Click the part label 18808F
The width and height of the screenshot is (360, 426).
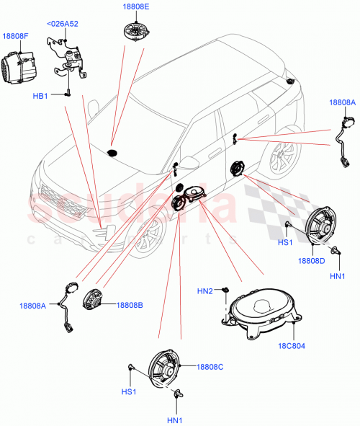(x=15, y=35)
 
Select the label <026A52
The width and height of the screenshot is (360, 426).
(x=63, y=23)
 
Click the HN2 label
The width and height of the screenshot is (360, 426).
(x=205, y=290)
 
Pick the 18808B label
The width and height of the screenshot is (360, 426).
(x=129, y=305)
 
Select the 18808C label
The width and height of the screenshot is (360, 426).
(x=210, y=367)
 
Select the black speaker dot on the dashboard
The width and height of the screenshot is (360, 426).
(x=112, y=153)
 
